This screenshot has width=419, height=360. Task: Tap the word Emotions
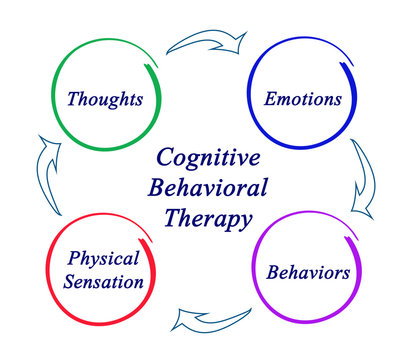click(302, 100)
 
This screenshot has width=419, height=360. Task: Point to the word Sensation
click(102, 281)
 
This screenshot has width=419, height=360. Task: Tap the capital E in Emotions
click(269, 100)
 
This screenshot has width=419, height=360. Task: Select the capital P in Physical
click(73, 258)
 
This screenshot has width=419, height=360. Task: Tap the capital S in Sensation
click(69, 281)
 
